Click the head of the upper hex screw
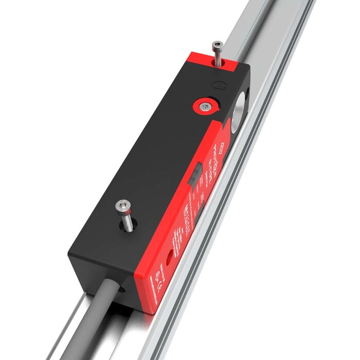click(x=218, y=45)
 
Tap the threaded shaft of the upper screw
click(x=218, y=57)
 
